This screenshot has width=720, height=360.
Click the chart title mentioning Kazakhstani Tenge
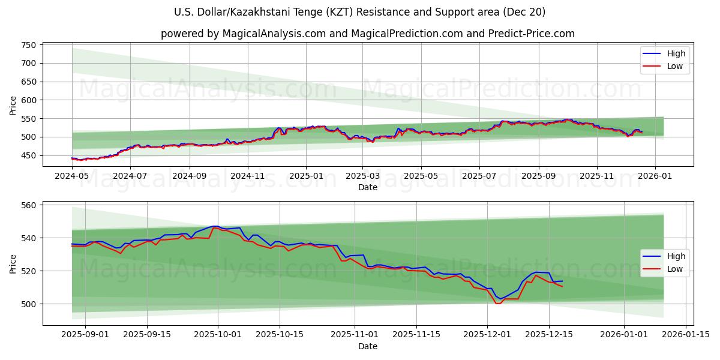point(359,12)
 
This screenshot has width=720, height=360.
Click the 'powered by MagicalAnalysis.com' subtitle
point(367,34)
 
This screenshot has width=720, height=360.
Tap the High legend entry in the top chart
point(676,53)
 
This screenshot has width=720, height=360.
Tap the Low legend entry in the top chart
point(674,66)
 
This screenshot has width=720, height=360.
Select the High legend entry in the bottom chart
point(676,256)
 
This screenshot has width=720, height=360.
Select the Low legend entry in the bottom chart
point(674,269)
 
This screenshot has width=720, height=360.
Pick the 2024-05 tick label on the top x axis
point(72,176)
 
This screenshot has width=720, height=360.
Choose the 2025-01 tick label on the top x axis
point(306,176)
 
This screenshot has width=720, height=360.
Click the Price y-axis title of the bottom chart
point(13,263)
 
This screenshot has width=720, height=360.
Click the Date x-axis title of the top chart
point(367,187)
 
